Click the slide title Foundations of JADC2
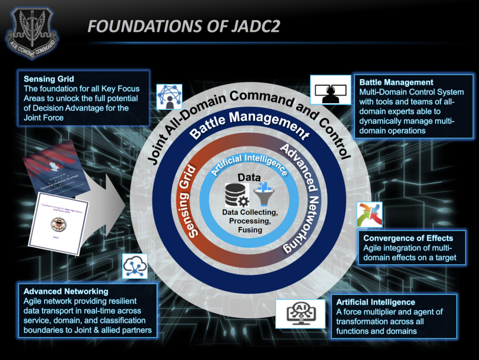(x=184, y=27)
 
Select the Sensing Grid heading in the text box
(x=49, y=79)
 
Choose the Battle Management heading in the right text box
(x=396, y=82)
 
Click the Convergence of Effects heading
(x=408, y=238)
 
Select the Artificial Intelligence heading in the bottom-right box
(x=376, y=302)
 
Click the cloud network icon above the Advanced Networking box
(x=136, y=265)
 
